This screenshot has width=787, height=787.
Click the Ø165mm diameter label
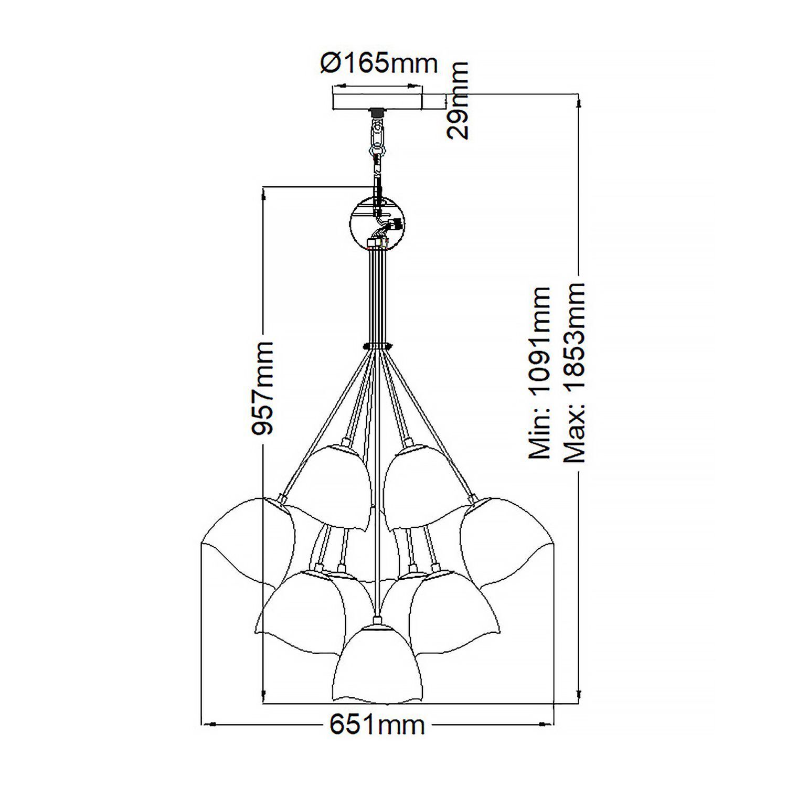coord(378,64)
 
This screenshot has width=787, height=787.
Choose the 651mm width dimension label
coord(376,725)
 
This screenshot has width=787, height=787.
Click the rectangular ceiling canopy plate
coord(378,101)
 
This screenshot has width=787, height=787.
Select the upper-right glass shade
coord(420,483)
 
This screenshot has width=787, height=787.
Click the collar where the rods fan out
coord(377,345)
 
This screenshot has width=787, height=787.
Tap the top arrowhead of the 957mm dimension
coord(262,195)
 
